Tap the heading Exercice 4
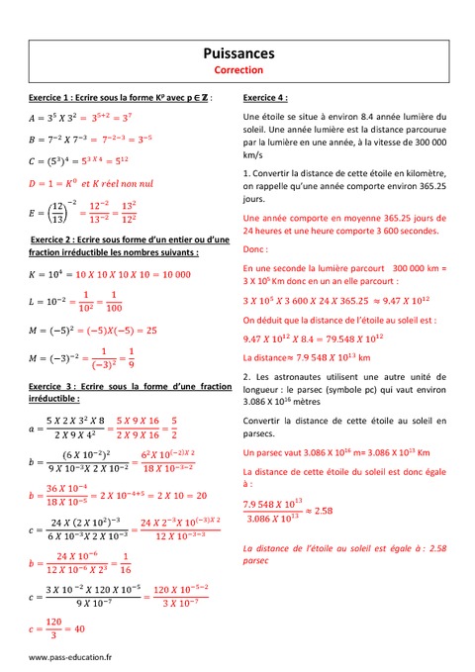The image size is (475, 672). (x=266, y=98)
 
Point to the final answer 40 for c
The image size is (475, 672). (x=78, y=627)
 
